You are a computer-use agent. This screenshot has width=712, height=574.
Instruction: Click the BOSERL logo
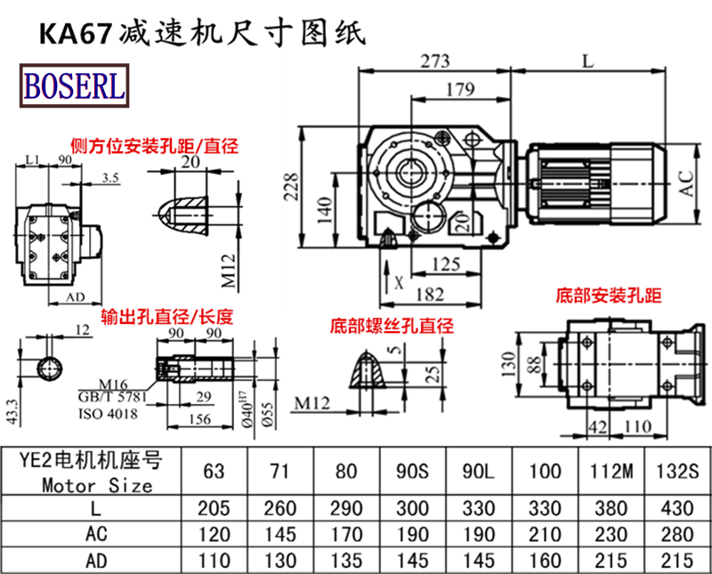click(73, 85)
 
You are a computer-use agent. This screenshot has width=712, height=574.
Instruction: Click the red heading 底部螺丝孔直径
click(392, 325)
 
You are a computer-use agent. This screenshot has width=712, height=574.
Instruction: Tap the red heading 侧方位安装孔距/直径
click(157, 146)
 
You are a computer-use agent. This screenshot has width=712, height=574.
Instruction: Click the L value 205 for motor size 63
click(214, 508)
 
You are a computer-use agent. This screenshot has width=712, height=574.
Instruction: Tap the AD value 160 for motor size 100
click(544, 561)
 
